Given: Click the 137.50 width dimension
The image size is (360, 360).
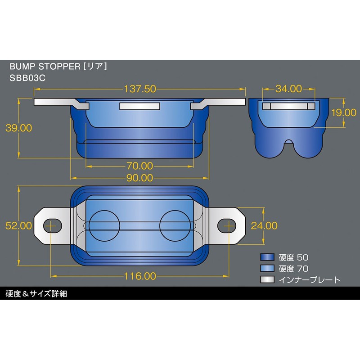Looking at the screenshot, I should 139,89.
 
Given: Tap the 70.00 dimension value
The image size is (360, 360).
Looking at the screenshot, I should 139,166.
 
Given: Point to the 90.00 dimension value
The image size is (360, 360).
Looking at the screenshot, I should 139,178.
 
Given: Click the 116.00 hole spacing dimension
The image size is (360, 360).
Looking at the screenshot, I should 141,276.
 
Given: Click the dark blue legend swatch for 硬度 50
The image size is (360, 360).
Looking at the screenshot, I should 267,257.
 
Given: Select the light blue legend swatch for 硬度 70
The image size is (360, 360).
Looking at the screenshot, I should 267,269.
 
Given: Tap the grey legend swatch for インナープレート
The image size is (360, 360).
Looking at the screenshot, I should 267,280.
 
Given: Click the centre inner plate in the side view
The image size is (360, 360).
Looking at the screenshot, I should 139,106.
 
